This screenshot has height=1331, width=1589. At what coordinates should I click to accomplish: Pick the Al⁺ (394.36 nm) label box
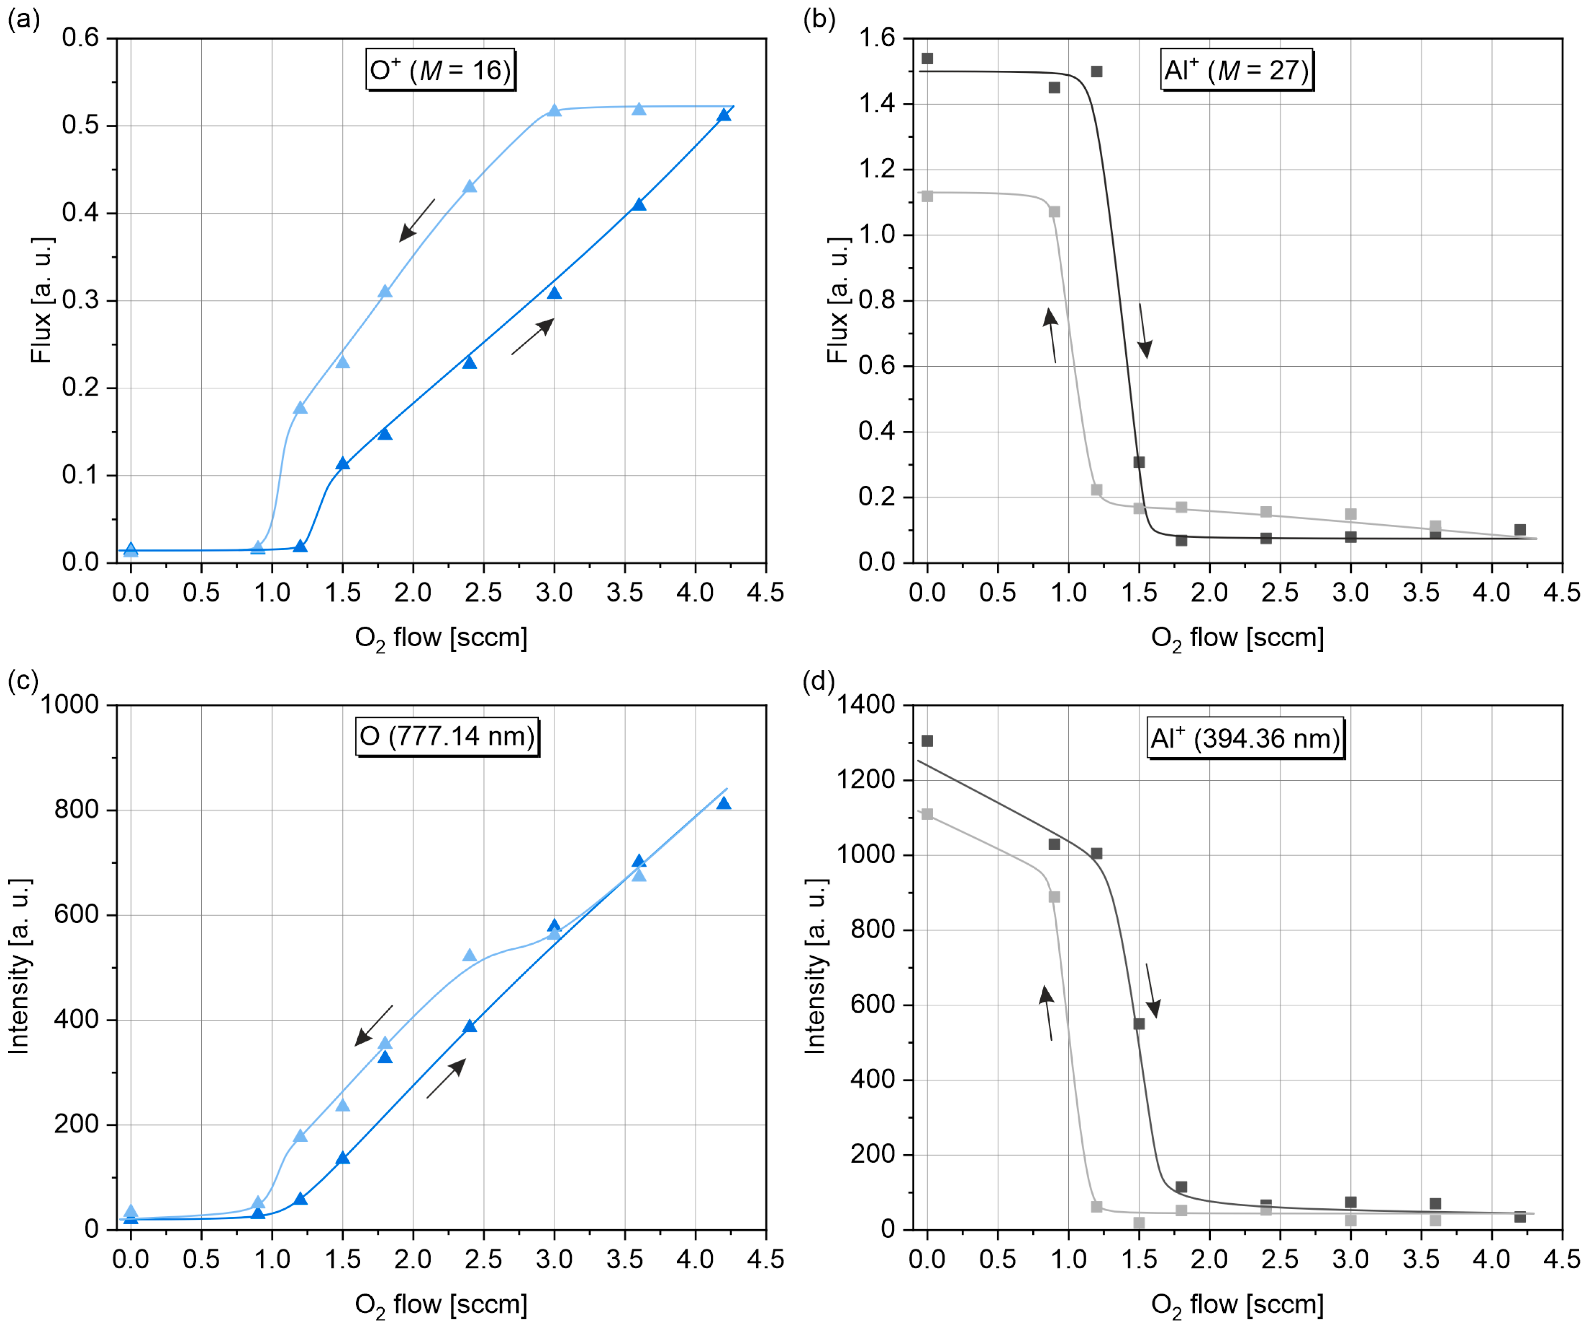pyautogui.click(x=1245, y=738)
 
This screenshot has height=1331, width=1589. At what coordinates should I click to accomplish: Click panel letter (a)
pyautogui.click(x=23, y=20)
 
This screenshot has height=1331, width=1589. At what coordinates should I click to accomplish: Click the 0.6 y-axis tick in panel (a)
pyautogui.click(x=81, y=38)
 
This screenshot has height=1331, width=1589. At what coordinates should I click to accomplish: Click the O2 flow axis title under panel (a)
pyautogui.click(x=441, y=638)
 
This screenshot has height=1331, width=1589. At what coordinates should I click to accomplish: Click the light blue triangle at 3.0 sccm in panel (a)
pyautogui.click(x=555, y=110)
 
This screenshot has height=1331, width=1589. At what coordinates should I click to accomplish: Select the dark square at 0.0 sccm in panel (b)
pyautogui.click(x=928, y=58)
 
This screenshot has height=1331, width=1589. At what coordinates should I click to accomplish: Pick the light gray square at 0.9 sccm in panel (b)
pyautogui.click(x=1055, y=212)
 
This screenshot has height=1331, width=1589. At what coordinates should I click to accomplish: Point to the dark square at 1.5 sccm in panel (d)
pyautogui.click(x=1139, y=1024)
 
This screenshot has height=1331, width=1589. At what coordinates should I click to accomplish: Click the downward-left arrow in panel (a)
pyautogui.click(x=417, y=220)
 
